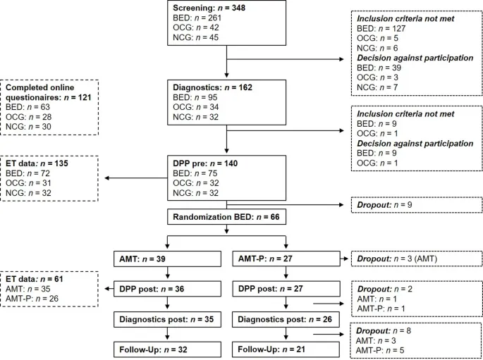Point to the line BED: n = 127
[x=377, y=29]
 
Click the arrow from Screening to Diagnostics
[x=226, y=61]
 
